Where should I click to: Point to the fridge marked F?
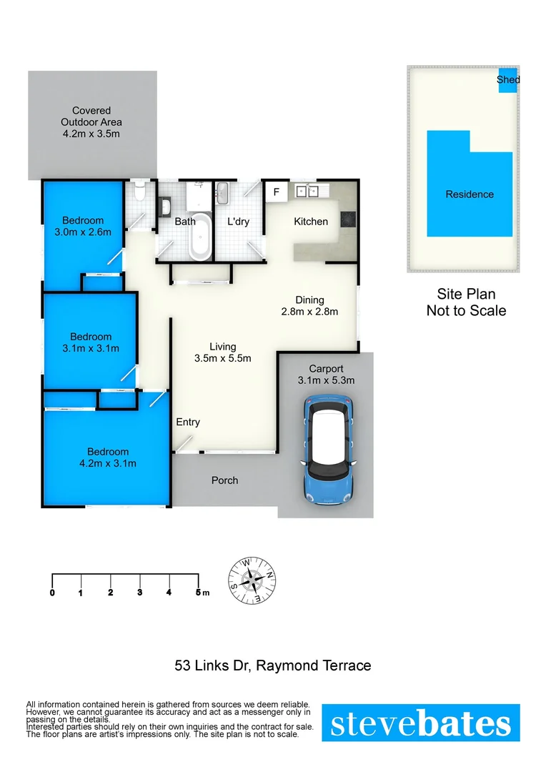coord(276,192)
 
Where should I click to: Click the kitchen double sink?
coord(307,191)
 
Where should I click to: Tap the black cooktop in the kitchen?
coord(348,219)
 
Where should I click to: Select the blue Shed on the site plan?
coord(507,78)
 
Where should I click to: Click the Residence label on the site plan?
coord(470,194)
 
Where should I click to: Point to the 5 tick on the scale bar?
coord(198,592)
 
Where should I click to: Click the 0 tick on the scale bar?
coord(53,592)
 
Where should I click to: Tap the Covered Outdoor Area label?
coord(91,122)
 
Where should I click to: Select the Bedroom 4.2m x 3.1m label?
coord(108,457)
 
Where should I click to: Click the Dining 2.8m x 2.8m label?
coord(309,305)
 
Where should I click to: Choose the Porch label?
coord(224,480)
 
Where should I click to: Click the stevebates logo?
coord(420,723)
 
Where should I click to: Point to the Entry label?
coord(188,422)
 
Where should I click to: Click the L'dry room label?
coord(238,222)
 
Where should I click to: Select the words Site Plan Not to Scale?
coord(466,302)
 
